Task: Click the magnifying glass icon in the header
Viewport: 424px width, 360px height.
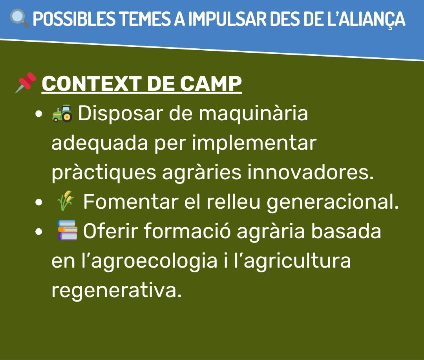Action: coord(20,19)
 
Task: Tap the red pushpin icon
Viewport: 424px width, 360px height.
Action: coord(26,82)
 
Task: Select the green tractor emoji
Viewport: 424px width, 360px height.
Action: coord(62,113)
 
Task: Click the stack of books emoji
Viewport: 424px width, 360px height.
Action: coord(68,230)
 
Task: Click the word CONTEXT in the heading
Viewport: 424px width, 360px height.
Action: coord(91,83)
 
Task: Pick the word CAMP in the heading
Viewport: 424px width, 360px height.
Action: coord(211,83)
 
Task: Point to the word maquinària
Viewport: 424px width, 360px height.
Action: coord(253,114)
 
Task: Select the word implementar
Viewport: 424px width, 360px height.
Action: coord(254,143)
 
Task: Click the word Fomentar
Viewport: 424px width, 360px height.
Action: coord(131,202)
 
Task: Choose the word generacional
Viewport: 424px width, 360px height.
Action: coord(333,202)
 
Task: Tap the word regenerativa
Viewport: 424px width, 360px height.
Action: coord(116,291)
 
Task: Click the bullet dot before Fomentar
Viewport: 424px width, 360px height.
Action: coord(39,202)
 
